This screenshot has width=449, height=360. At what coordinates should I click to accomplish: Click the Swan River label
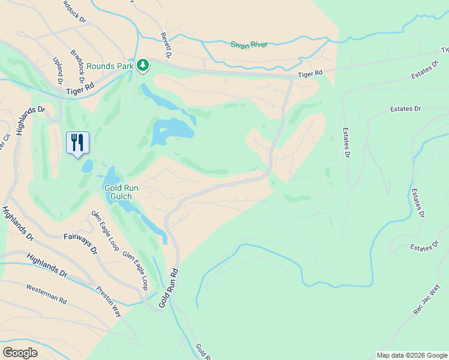[249, 44]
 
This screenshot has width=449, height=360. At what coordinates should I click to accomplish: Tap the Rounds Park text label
[109, 66]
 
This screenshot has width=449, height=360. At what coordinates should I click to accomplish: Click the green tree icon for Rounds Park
[143, 64]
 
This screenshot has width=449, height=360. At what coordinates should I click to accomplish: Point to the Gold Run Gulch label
[122, 192]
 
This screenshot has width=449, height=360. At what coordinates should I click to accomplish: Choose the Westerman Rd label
[46, 295]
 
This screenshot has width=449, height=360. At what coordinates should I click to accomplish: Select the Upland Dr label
[58, 71]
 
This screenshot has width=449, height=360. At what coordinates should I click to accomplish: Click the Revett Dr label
[166, 46]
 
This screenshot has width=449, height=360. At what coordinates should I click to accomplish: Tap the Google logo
[20, 353]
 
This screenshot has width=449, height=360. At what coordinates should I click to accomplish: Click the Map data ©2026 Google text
[412, 355]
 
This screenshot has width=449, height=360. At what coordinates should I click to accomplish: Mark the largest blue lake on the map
[172, 130]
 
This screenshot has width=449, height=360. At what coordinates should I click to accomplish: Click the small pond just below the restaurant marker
[88, 166]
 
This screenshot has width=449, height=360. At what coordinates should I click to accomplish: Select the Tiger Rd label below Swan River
[310, 73]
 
